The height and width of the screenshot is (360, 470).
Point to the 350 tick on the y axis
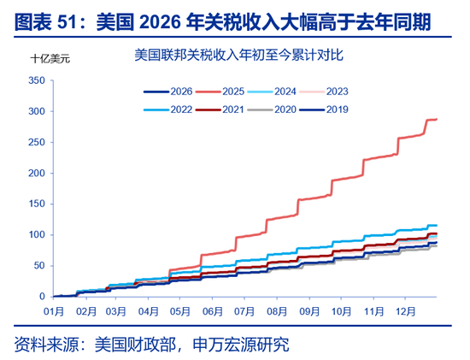36,81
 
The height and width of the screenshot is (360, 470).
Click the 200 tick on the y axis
36,174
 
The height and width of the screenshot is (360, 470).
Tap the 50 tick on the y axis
38,266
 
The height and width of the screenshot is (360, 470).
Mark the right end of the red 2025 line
437,119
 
